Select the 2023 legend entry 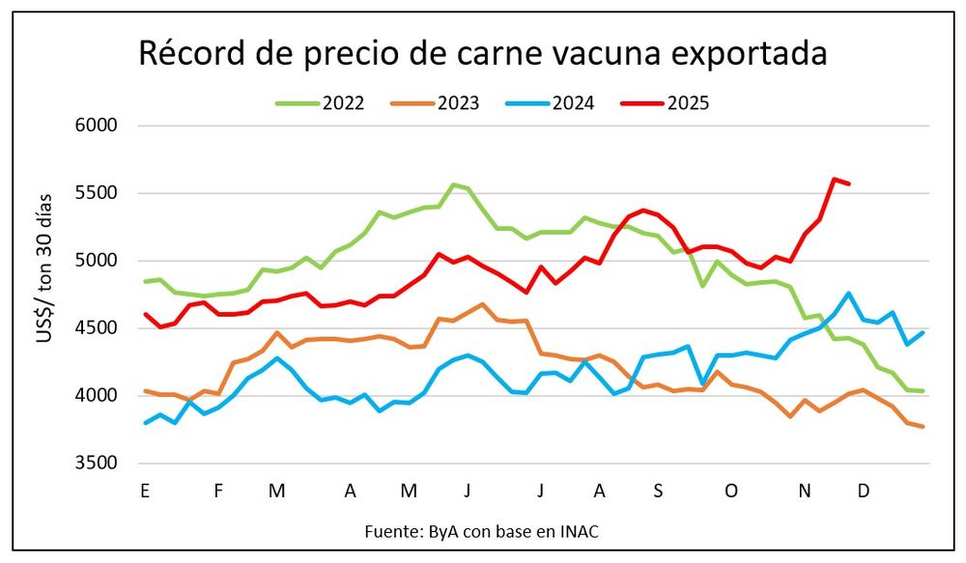458,103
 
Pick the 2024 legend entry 573,103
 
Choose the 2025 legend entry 688,103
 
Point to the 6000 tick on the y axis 96,126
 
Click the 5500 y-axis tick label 96,193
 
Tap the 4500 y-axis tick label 96,328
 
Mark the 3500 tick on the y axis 96,464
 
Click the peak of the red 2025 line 834,179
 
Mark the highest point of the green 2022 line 453,184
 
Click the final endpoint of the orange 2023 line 923,427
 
